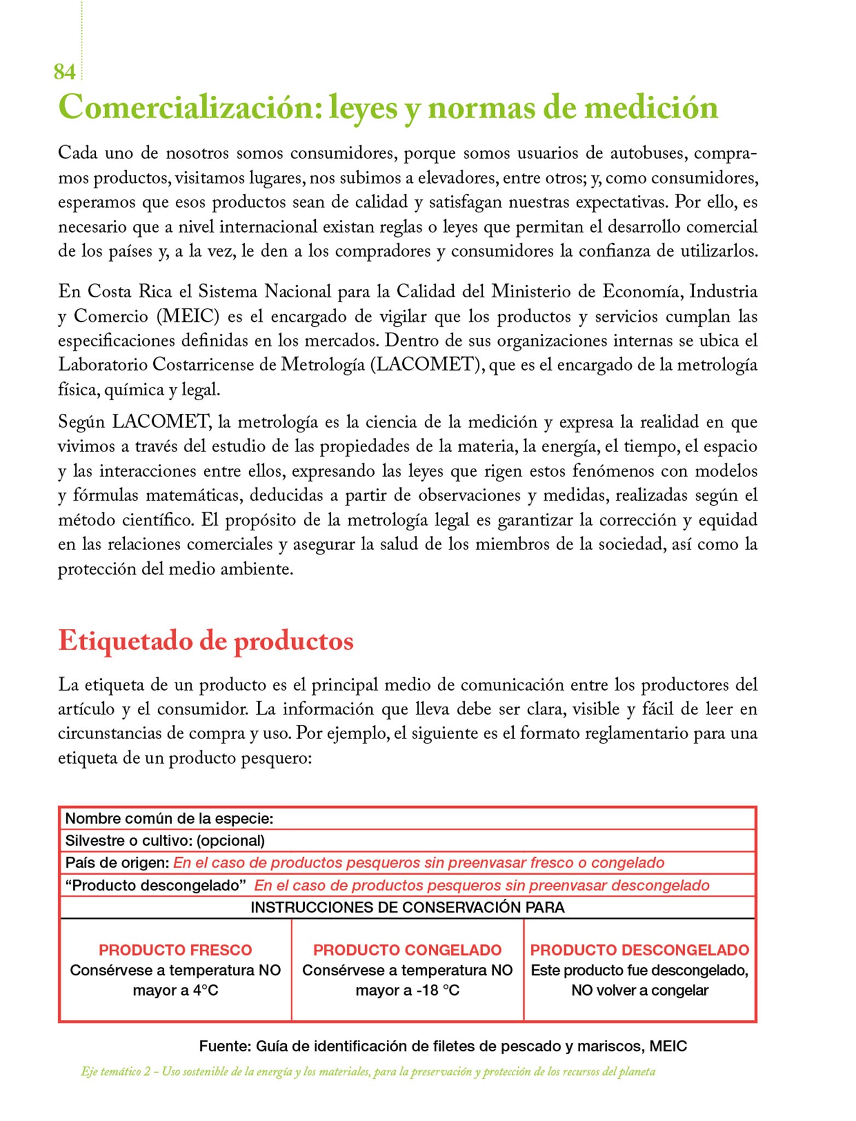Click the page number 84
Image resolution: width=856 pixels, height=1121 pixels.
(64, 72)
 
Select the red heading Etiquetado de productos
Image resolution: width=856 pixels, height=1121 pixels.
(206, 641)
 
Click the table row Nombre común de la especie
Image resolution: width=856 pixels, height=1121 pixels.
(169, 819)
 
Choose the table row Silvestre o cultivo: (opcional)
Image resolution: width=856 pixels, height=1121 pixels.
(165, 841)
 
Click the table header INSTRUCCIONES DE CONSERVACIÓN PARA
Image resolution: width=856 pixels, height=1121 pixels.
(407, 908)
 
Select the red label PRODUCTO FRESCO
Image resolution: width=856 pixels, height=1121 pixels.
(175, 950)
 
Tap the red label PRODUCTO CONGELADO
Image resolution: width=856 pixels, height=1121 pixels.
(407, 950)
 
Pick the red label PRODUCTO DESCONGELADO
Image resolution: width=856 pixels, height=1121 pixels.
(639, 950)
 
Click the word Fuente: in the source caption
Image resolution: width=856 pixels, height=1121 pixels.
(225, 1047)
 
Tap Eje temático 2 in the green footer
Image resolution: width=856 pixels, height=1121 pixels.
(115, 1072)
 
